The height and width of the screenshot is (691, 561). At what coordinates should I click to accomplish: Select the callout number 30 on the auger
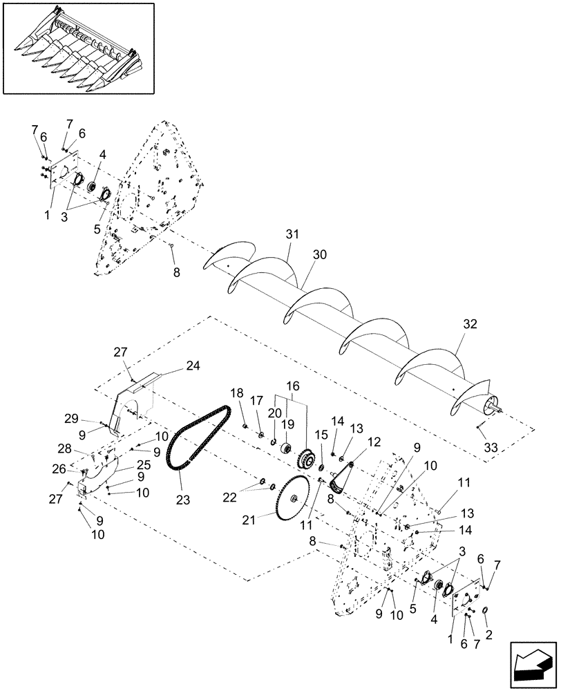(x=319, y=255)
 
